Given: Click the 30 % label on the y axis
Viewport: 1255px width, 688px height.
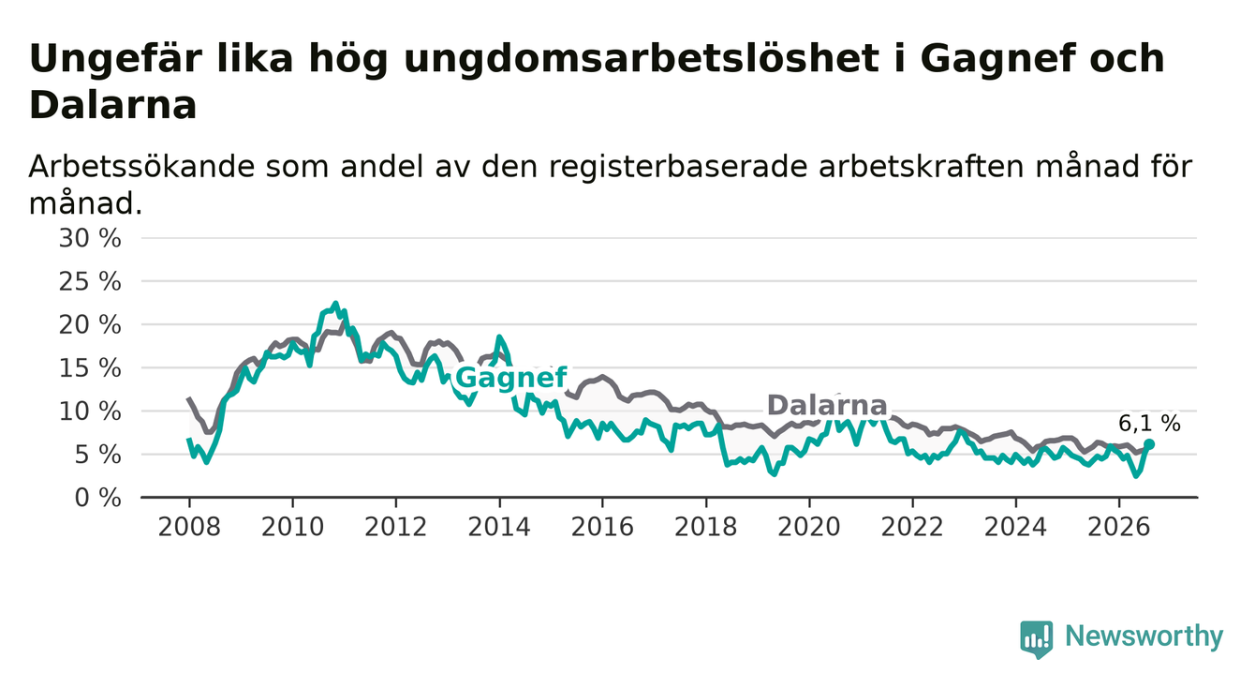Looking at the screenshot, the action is pyautogui.click(x=90, y=238).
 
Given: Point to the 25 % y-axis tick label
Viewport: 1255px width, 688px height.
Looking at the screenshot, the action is pyautogui.click(x=90, y=281).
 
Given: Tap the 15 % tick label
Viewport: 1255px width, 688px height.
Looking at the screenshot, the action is pyautogui.click(x=90, y=368).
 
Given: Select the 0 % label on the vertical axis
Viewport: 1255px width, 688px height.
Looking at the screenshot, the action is pyautogui.click(x=97, y=498).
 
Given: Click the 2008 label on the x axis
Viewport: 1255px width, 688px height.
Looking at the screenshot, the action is pyautogui.click(x=189, y=528).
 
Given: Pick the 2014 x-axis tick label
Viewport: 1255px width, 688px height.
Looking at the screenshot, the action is pyautogui.click(x=499, y=528).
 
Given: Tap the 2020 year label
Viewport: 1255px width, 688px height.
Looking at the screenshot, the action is pyautogui.click(x=809, y=528).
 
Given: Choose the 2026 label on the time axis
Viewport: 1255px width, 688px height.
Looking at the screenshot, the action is pyautogui.click(x=1119, y=528).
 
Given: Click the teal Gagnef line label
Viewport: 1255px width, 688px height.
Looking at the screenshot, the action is pyautogui.click(x=511, y=378).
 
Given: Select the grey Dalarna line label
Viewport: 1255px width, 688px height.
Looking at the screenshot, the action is pyautogui.click(x=827, y=405).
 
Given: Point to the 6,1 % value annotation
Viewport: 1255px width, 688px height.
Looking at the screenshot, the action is pyautogui.click(x=1149, y=424).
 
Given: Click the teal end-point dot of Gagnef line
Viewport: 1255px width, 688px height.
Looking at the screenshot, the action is pyautogui.click(x=1149, y=444).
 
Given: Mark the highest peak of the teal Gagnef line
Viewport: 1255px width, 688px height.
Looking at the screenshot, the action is pyautogui.click(x=335, y=304).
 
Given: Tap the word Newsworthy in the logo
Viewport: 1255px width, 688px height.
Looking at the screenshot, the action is pyautogui.click(x=1144, y=636).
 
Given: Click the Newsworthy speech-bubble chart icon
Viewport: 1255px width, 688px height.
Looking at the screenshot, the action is pyautogui.click(x=1037, y=639).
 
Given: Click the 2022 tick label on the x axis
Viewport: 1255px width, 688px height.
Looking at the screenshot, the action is pyautogui.click(x=912, y=528).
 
